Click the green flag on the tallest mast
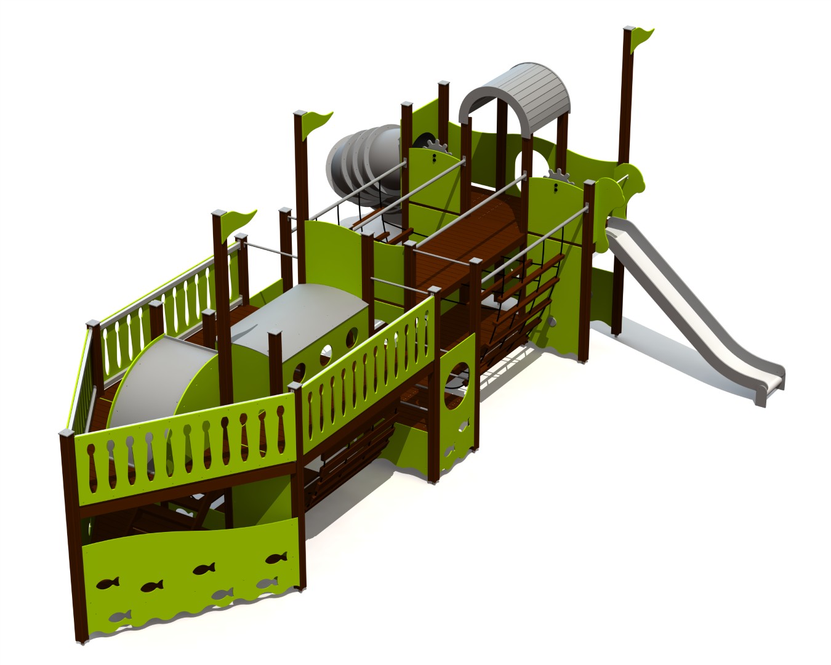pos(643,38)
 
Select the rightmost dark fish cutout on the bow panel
pos(276,558)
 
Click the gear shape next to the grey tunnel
pos(435,145)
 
